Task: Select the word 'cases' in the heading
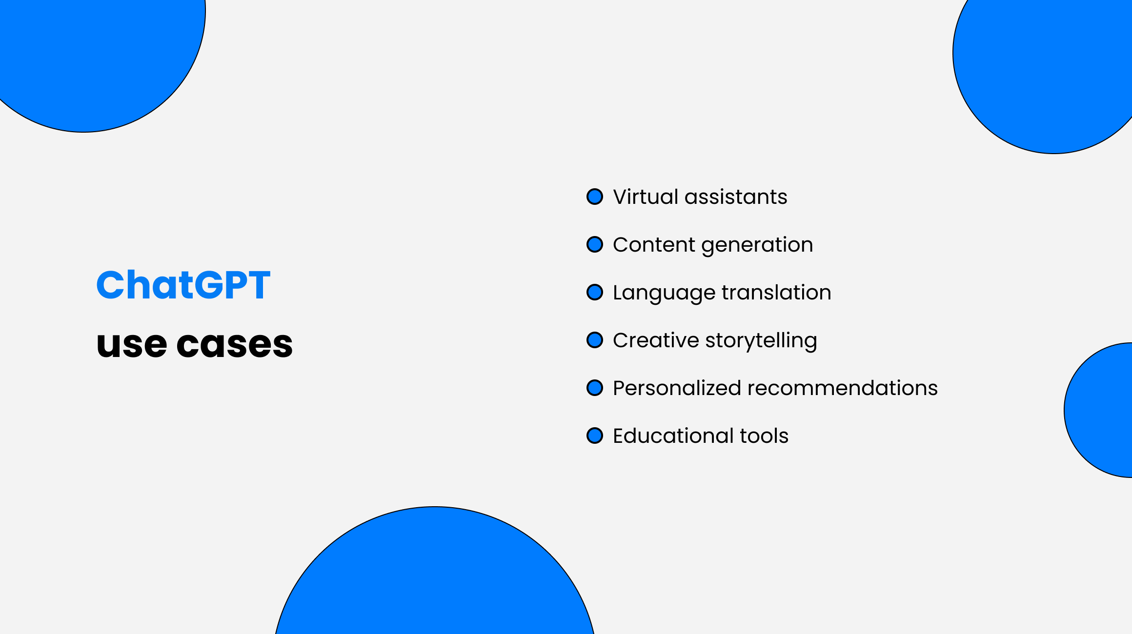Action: [234, 345]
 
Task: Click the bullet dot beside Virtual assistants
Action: [595, 197]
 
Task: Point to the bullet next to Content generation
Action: [595, 244]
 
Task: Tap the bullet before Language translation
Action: [595, 292]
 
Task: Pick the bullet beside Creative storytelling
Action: [595, 340]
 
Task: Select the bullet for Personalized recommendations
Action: [595, 388]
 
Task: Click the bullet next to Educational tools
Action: [595, 436]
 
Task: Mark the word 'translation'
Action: [776, 293]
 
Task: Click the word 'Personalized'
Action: [677, 388]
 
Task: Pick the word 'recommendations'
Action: [843, 388]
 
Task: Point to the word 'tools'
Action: [764, 436]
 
